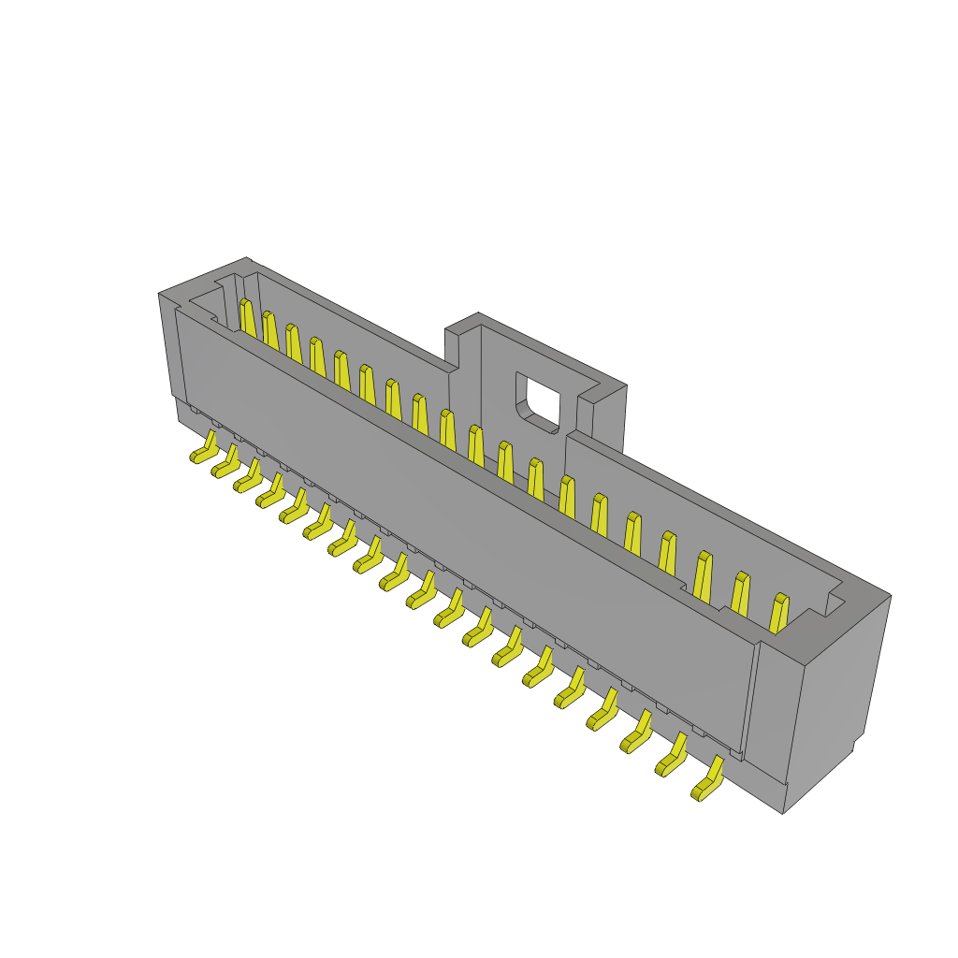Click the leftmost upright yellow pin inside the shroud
pyautogui.click(x=247, y=318)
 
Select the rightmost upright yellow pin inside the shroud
pyautogui.click(x=778, y=613)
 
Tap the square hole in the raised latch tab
pyautogui.click(x=540, y=398)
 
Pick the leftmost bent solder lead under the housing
pyautogui.click(x=205, y=449)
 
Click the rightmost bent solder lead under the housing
pyautogui.click(x=708, y=782)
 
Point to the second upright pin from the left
pyautogui.click(x=270, y=330)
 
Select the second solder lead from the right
pyautogui.click(x=672, y=756)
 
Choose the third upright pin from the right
pyautogui.click(x=703, y=574)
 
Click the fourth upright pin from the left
pyautogui.click(x=318, y=356)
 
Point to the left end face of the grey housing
pyautogui.click(x=170, y=346)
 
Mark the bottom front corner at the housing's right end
pyautogui.click(x=784, y=810)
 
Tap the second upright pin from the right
pyautogui.click(x=740, y=594)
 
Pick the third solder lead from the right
pyautogui.click(x=637, y=733)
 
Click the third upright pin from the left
pyautogui.click(x=294, y=343)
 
